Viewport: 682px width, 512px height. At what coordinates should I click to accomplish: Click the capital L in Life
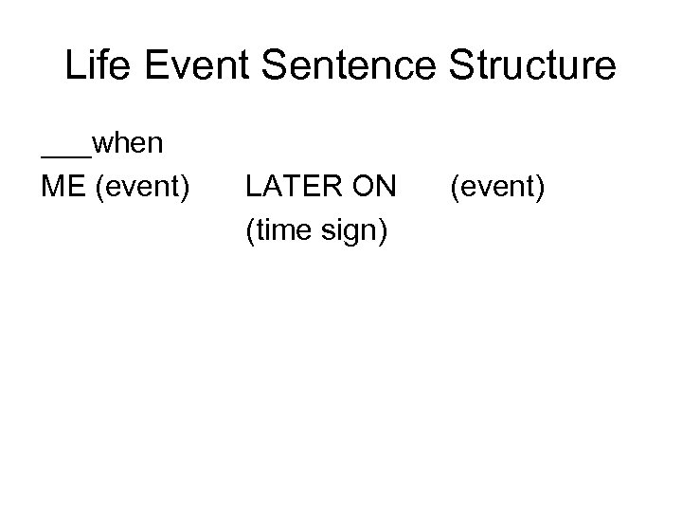point(74,65)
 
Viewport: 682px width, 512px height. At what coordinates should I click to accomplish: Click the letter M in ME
point(53,187)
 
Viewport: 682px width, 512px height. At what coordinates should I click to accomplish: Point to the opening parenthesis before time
point(248,229)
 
